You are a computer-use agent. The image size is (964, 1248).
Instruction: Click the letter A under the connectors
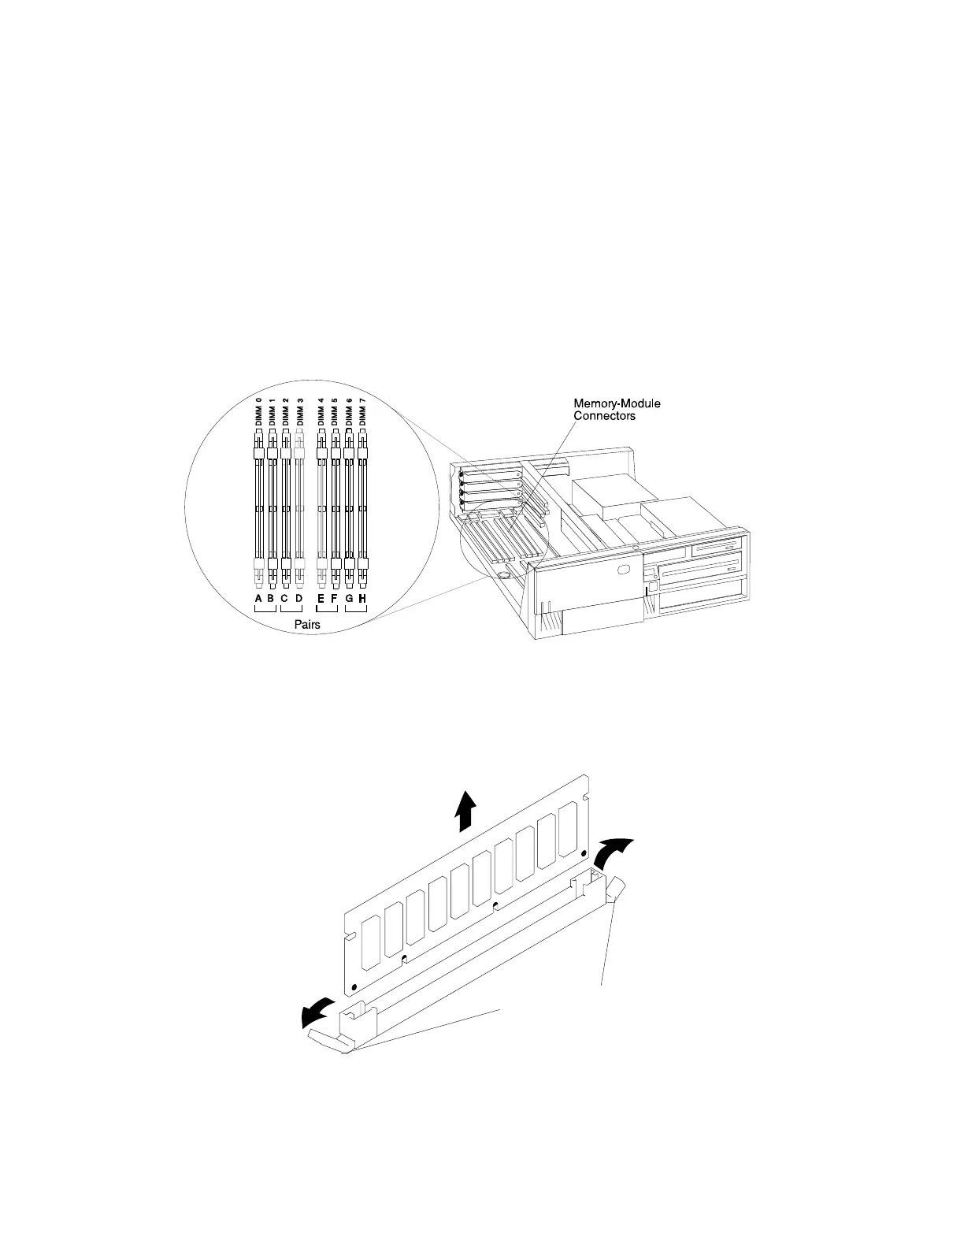[x=258, y=599]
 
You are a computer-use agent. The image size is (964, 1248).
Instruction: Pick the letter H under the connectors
[x=362, y=599]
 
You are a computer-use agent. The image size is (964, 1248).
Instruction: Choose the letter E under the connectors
[x=321, y=599]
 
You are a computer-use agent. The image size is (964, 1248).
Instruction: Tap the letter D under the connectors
[x=299, y=599]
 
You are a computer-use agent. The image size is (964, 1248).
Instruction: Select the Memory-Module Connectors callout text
[x=616, y=410]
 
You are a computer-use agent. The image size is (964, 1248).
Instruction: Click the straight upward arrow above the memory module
[x=465, y=812]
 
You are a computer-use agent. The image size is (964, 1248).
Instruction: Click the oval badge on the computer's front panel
[x=626, y=570]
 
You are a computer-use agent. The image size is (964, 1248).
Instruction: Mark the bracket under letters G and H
[x=356, y=609]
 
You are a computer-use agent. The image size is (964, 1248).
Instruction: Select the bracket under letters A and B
[x=264, y=609]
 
